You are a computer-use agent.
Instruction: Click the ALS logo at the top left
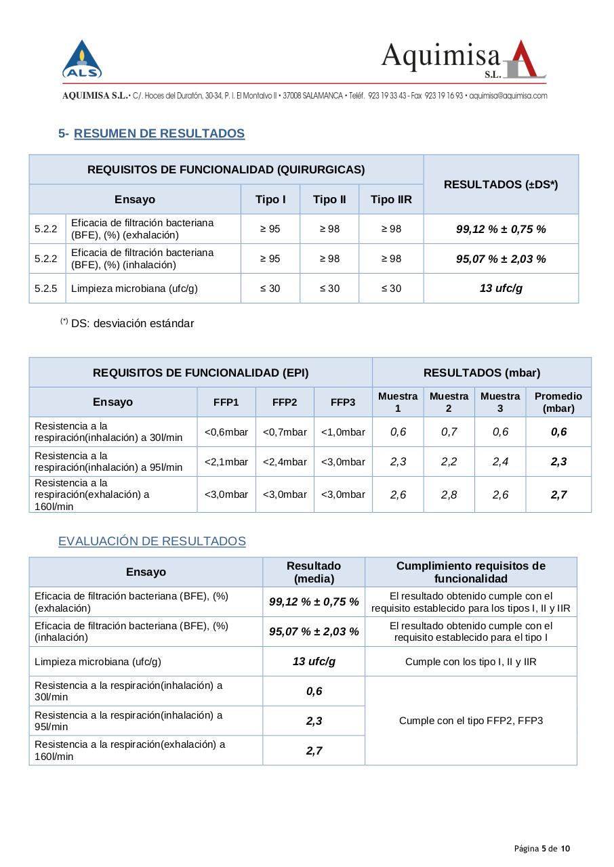click(x=82, y=60)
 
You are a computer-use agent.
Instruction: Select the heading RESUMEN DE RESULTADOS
click(x=159, y=133)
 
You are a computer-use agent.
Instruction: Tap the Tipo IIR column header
click(x=391, y=199)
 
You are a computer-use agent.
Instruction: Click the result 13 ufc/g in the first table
click(x=501, y=289)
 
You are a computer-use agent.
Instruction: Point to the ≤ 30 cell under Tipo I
click(x=270, y=289)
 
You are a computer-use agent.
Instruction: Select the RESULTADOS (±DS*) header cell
click(x=501, y=184)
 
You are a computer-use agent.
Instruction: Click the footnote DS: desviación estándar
click(x=132, y=323)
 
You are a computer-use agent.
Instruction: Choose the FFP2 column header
click(x=285, y=402)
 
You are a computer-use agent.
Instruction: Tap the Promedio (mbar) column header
click(x=558, y=402)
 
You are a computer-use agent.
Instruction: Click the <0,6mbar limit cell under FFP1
click(x=226, y=432)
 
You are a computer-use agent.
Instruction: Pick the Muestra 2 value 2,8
click(x=449, y=494)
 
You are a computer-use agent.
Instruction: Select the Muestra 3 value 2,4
click(x=500, y=462)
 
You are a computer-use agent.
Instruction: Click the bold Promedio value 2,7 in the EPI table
click(x=558, y=494)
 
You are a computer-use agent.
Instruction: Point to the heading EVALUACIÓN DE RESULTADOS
click(x=152, y=541)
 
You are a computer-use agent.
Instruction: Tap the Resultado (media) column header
click(x=314, y=572)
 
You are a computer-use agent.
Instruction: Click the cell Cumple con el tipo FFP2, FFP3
click(x=471, y=721)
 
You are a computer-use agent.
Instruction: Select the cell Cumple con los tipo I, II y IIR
click(x=471, y=662)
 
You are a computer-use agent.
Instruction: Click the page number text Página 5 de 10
click(x=541, y=849)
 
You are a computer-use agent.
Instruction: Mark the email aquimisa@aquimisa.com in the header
click(x=508, y=96)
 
